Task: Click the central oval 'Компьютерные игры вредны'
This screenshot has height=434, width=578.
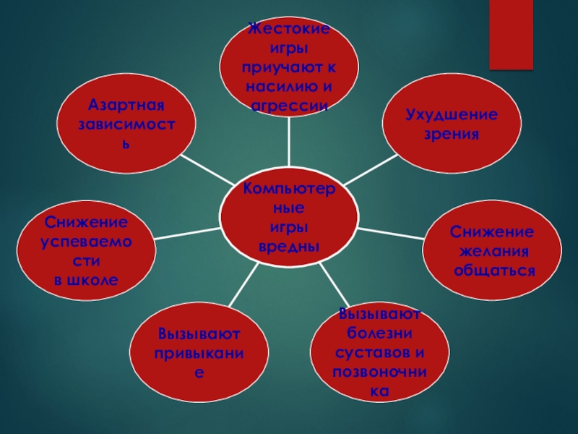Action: (289, 217)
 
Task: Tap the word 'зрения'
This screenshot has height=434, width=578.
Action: (452, 135)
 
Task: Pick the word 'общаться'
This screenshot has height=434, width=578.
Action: (494, 271)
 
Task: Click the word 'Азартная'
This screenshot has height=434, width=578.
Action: (127, 104)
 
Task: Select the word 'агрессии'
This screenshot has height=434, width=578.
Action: (289, 106)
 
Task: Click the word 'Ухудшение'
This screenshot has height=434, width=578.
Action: (452, 115)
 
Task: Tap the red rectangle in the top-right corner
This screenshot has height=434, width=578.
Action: (512, 34)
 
